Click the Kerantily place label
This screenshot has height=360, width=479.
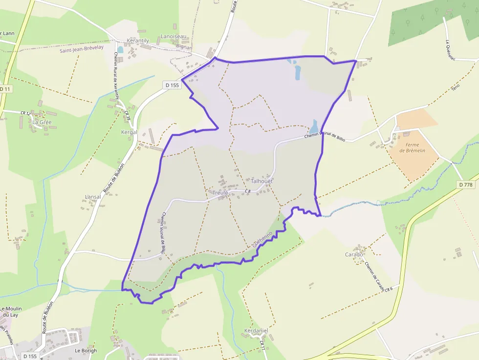click(x=138, y=41)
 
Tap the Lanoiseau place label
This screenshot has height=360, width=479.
click(x=174, y=37)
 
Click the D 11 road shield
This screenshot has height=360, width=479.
click(x=5, y=89)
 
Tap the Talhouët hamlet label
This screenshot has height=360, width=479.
click(x=261, y=181)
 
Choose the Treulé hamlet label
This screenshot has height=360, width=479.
click(x=220, y=193)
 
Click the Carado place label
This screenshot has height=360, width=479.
click(x=354, y=254)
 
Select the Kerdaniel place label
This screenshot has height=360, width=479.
click(x=256, y=331)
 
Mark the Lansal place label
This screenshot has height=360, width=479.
click(x=93, y=197)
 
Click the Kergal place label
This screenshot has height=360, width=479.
click(x=129, y=132)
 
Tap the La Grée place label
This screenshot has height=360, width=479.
click(x=42, y=122)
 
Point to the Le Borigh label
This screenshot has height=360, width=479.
click(x=86, y=350)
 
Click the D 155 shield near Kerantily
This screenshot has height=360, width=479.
click(x=173, y=85)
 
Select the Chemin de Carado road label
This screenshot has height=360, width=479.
click(x=374, y=275)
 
